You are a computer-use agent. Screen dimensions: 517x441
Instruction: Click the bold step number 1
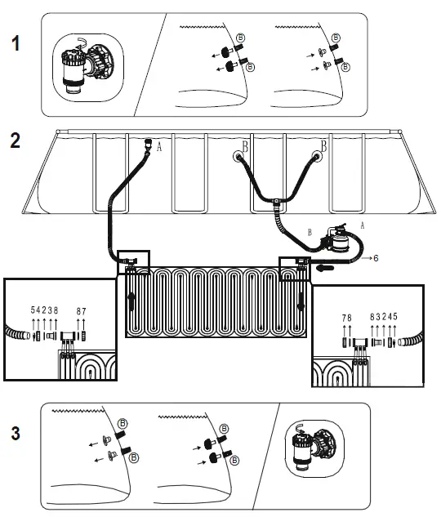(x=16, y=44)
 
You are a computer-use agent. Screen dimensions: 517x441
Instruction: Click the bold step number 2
(x=16, y=140)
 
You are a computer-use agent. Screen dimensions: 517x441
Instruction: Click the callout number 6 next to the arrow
(x=375, y=257)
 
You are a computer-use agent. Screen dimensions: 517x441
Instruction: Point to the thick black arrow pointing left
(x=327, y=265)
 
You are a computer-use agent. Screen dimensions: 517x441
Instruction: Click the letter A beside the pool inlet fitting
(x=159, y=149)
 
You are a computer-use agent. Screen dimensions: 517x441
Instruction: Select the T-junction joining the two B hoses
(x=277, y=201)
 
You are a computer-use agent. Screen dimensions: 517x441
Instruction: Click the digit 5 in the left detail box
(x=33, y=310)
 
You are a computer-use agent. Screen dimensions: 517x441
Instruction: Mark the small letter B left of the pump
(x=310, y=231)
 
